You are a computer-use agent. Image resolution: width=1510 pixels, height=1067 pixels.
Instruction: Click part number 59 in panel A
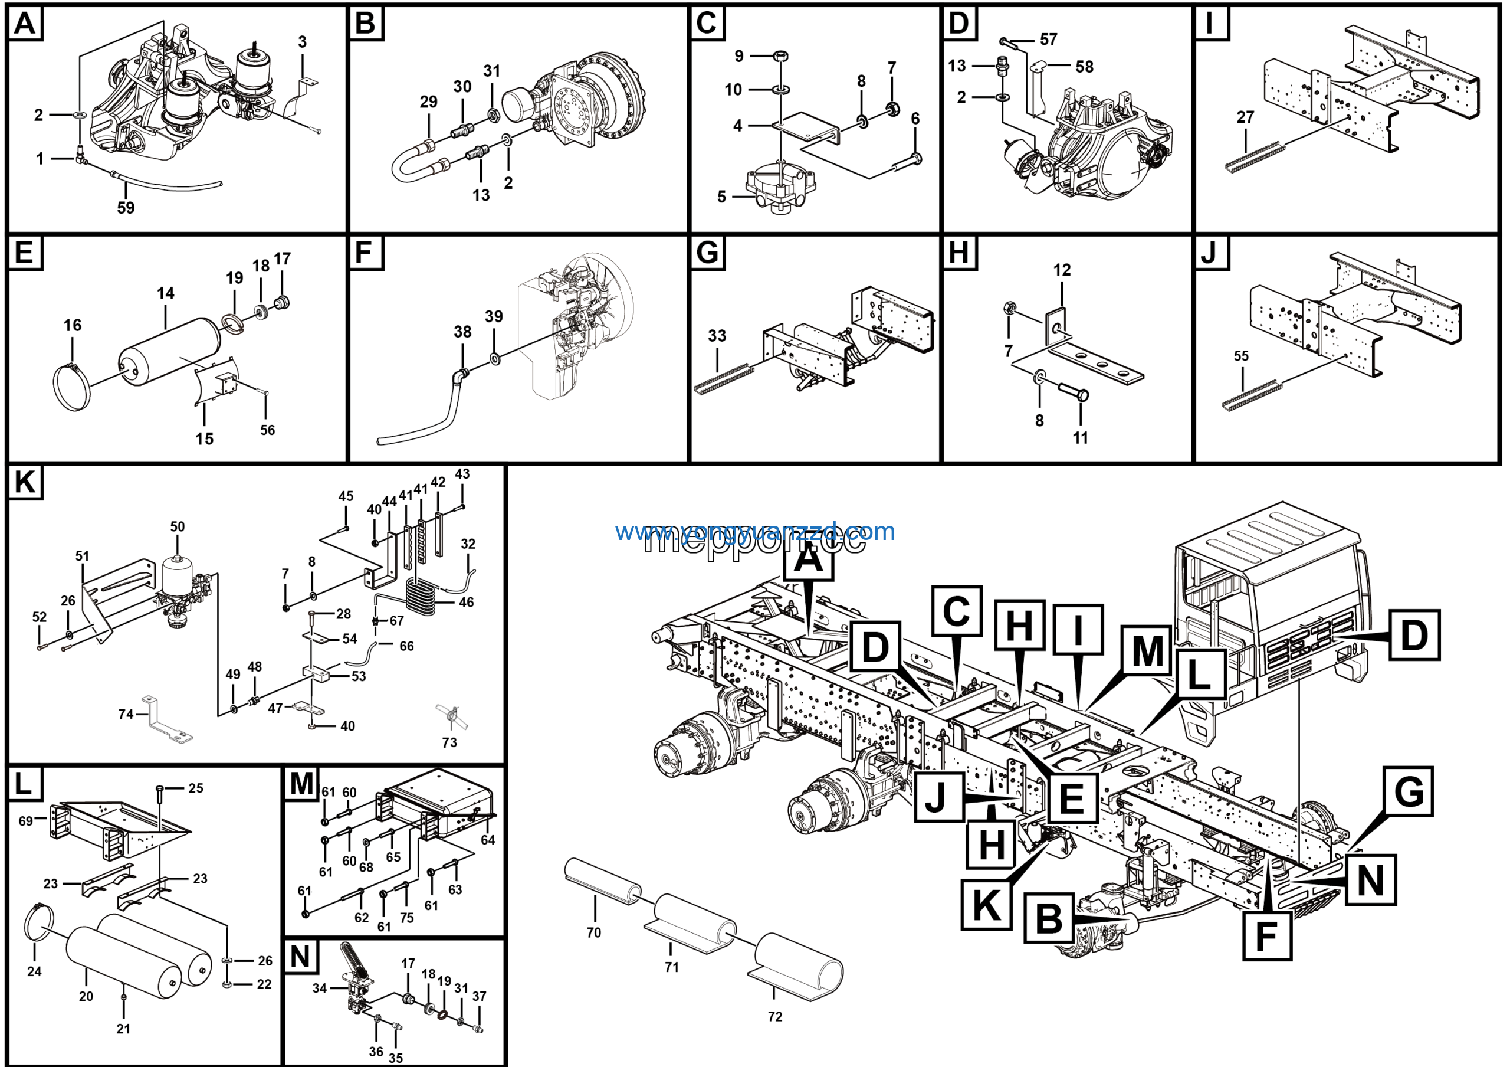tap(126, 208)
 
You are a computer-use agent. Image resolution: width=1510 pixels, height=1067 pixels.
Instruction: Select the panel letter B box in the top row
tap(365, 24)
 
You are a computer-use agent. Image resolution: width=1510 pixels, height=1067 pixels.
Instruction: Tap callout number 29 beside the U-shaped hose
tap(428, 102)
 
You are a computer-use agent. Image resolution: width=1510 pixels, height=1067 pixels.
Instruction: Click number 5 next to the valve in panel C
tap(721, 197)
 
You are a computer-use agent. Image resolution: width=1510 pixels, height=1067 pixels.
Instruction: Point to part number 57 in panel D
tap(1048, 40)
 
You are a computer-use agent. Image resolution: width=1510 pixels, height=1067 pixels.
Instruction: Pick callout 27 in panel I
tap(1245, 117)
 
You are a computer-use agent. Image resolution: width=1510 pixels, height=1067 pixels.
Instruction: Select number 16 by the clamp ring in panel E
tap(73, 325)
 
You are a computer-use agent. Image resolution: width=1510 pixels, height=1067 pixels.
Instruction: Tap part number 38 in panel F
tap(462, 332)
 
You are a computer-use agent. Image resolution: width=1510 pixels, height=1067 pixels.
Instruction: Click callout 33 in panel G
tap(717, 335)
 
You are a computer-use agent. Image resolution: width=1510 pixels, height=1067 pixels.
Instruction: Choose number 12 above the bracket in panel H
tap(1062, 270)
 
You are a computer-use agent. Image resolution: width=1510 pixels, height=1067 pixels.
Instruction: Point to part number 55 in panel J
tap(1240, 356)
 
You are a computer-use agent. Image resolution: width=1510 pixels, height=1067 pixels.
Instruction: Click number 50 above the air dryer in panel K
tap(178, 526)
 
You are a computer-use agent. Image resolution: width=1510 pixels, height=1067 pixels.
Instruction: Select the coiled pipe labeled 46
tap(421, 595)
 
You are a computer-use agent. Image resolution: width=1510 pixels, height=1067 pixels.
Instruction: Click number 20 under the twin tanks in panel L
tap(86, 996)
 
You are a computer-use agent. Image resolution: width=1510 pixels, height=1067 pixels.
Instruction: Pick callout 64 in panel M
tap(487, 839)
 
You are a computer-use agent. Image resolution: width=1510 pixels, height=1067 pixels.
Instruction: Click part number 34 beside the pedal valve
tap(320, 988)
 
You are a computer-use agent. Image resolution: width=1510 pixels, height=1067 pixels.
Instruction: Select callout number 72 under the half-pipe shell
tap(774, 1016)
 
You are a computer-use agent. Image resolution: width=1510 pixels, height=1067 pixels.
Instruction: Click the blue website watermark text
tap(754, 531)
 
